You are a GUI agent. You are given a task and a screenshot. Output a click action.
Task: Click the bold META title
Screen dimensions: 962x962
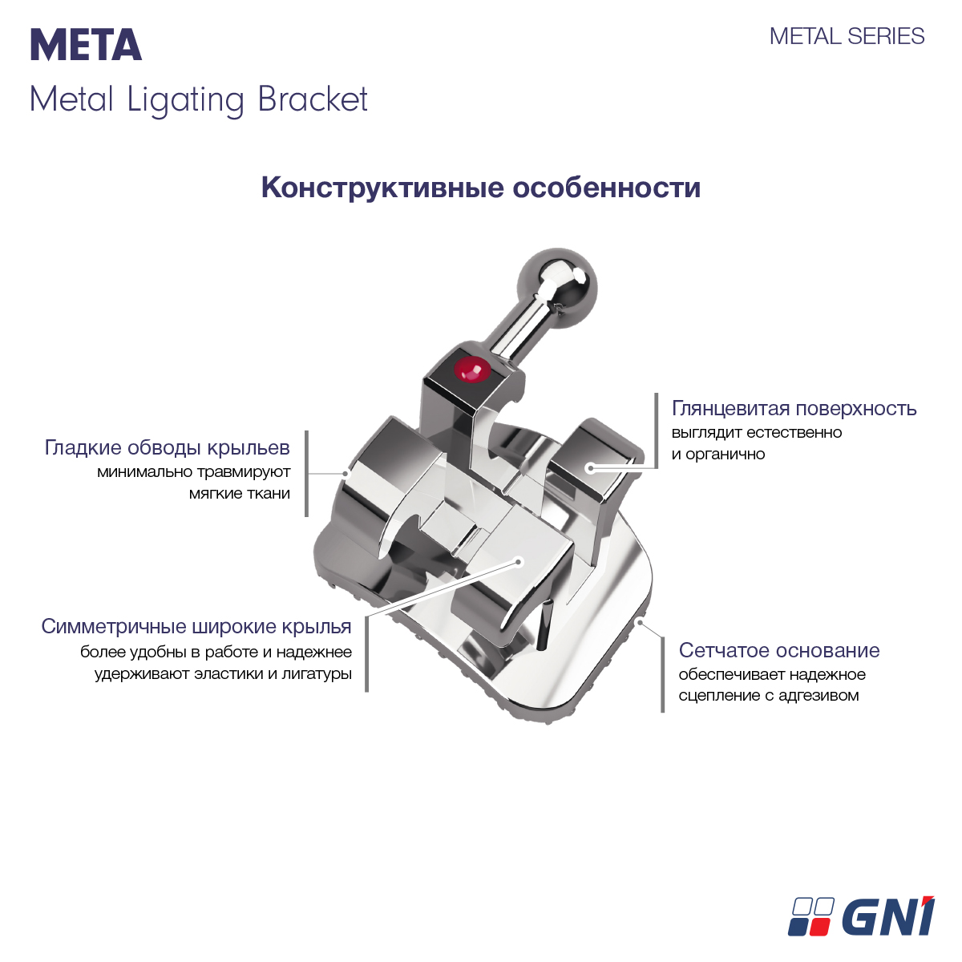[86, 45]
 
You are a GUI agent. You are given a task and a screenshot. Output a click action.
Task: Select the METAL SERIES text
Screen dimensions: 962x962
[847, 36]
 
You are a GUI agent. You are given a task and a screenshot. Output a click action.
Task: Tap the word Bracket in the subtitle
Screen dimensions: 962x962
[313, 99]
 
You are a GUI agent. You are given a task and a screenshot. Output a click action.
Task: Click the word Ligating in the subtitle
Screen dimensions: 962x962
[185, 101]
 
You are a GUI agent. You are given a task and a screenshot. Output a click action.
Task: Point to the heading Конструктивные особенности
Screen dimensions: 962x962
[481, 188]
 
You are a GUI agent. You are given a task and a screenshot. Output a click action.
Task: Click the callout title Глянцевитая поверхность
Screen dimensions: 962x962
[794, 408]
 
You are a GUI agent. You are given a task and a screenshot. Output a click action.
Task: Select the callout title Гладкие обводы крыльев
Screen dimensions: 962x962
[168, 447]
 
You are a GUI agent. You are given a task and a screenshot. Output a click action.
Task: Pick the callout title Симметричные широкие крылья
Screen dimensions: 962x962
[196, 626]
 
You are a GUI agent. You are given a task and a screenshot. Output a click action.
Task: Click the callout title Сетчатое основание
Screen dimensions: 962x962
[778, 650]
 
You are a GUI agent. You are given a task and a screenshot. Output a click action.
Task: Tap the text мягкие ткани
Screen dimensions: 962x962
[240, 493]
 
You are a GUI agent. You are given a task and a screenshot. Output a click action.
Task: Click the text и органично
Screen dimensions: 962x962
[717, 455]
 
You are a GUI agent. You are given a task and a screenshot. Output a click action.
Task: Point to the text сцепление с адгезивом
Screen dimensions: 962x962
[768, 695]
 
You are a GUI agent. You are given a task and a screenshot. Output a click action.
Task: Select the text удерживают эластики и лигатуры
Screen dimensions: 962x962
[223, 674]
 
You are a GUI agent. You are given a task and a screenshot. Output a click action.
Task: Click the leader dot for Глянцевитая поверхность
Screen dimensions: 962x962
[590, 468]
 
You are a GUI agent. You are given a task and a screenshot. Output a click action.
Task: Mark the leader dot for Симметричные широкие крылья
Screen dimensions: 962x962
[518, 562]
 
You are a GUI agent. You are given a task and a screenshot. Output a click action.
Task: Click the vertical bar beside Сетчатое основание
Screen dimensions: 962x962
[662, 674]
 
